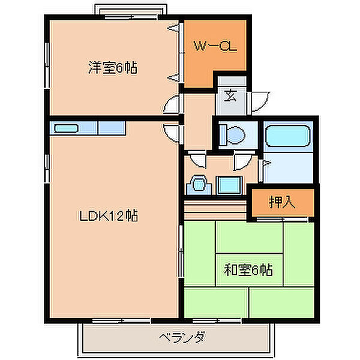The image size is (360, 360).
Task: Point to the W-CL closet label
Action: (x=214, y=45)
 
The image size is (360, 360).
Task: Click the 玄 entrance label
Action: (x=230, y=94)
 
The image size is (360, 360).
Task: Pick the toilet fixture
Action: (x=231, y=135)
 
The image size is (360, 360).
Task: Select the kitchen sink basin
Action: (x=67, y=128)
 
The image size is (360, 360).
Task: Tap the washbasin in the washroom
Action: (x=199, y=184)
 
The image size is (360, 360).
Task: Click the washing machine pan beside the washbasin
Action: (x=229, y=185)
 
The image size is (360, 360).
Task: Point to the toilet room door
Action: (x=242, y=161)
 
